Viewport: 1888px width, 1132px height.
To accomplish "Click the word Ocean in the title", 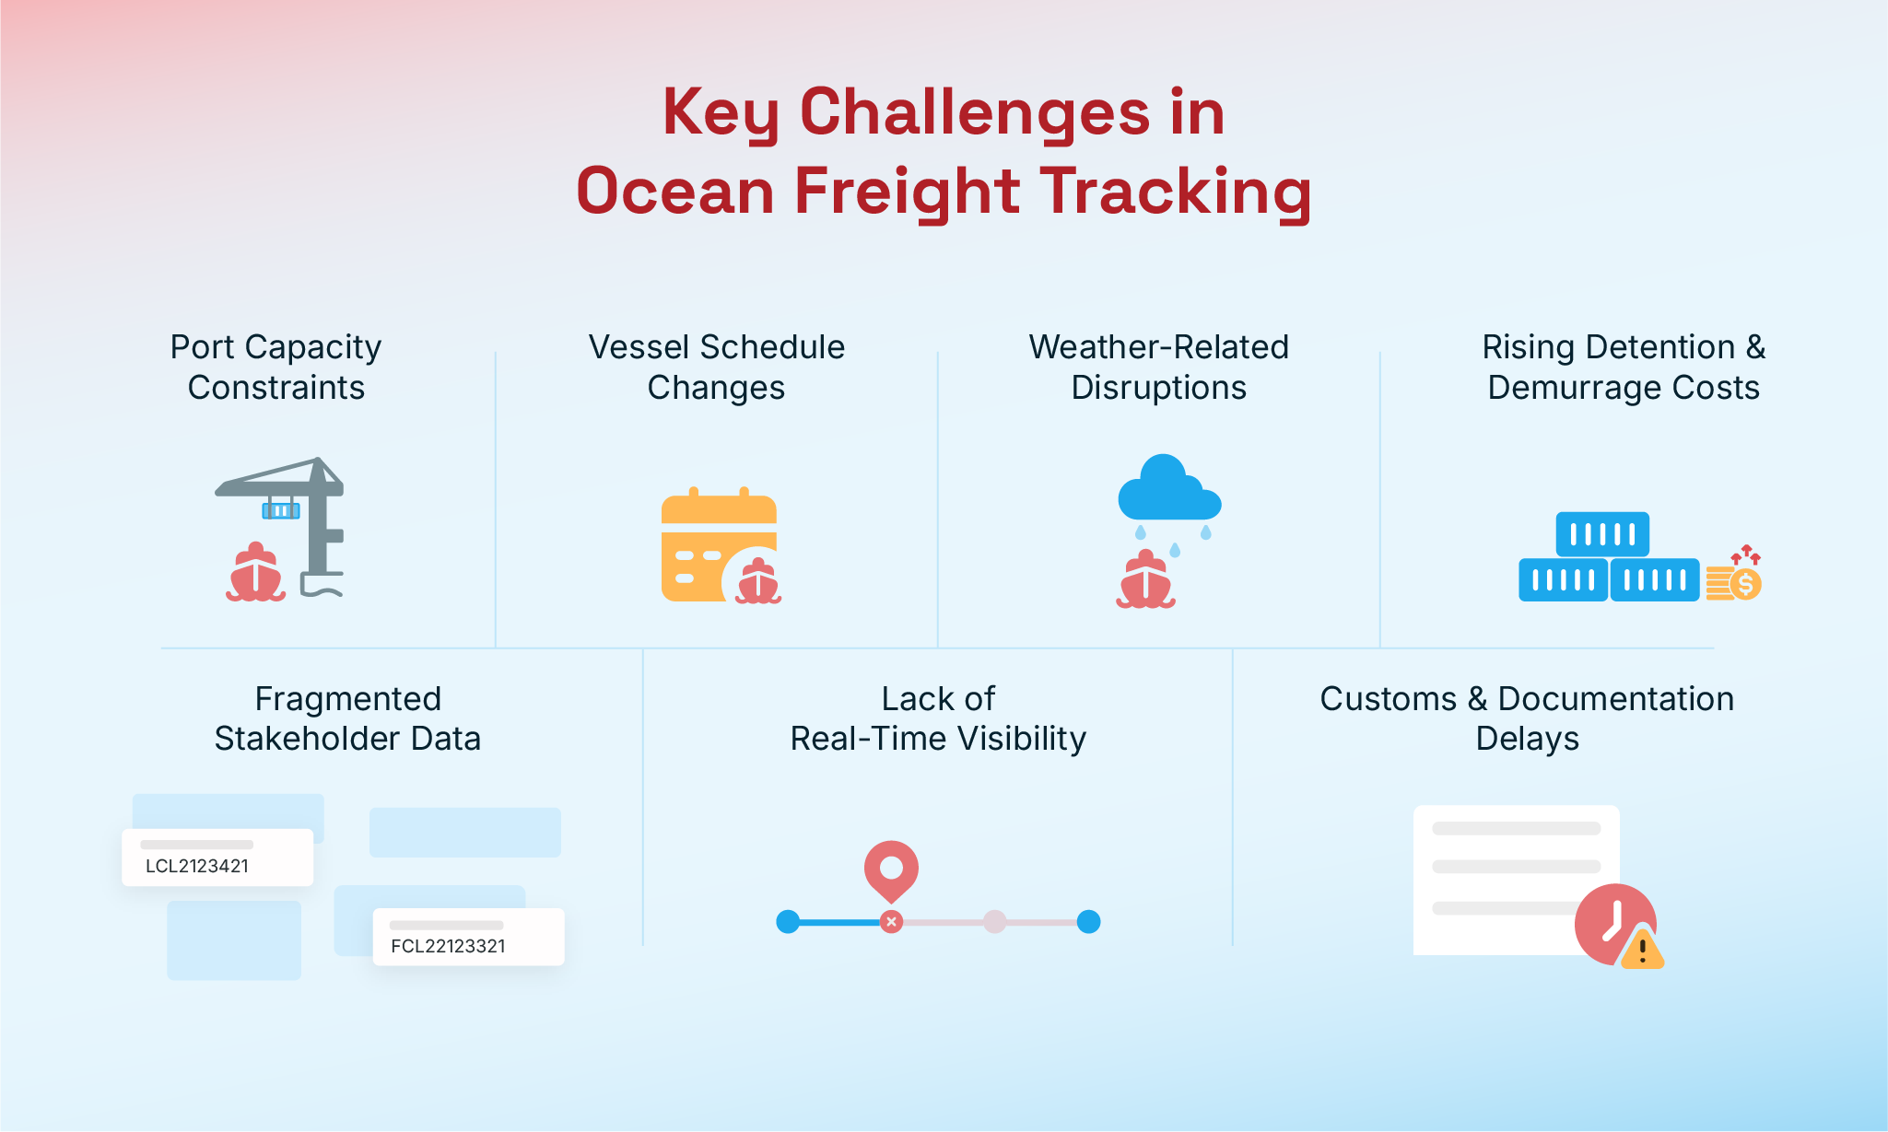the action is pos(675,191).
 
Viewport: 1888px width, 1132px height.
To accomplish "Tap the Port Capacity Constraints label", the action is pos(276,367).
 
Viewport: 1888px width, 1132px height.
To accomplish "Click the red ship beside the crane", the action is pos(255,572).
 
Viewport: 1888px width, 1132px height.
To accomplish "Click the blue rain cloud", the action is pos(1169,488).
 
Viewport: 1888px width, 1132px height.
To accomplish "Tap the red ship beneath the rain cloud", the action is pos(1145,579).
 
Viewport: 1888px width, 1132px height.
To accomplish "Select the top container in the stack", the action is pos(1602,534).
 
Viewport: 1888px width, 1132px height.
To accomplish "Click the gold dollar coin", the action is pos(1744,584).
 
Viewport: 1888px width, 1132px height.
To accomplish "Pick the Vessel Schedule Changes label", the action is pos(717,367).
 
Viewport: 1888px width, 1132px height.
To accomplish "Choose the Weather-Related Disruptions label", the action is pos(1159,367).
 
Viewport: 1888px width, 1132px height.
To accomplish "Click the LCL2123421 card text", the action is pos(197,866).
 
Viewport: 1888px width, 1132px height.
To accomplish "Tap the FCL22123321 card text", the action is pos(449,946).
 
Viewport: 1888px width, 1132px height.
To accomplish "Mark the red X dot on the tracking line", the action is pos(891,922).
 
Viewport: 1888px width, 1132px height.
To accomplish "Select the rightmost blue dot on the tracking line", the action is pos(1088,922).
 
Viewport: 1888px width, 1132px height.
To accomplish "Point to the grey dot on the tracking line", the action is pos(994,922).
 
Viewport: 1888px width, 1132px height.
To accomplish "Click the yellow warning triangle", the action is pos(1642,950).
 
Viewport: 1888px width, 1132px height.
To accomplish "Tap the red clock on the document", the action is pos(1613,924).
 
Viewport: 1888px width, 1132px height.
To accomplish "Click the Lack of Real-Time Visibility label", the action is pos(938,718).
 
